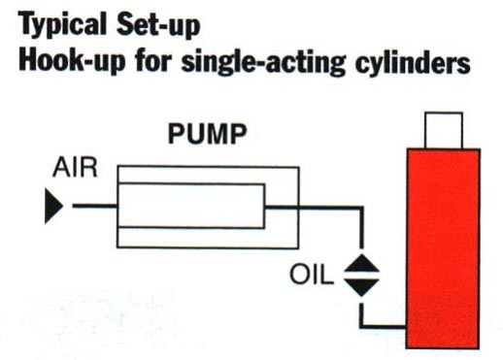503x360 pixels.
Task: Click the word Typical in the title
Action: (x=62, y=24)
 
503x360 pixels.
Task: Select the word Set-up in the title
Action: (x=158, y=23)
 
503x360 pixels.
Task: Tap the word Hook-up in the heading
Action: (x=72, y=61)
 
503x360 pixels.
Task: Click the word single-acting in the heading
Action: (x=263, y=62)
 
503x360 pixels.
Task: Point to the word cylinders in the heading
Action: (x=413, y=62)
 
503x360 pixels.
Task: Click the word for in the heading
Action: (x=152, y=60)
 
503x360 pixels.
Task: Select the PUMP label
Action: (x=208, y=134)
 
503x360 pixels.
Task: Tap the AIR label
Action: (x=75, y=167)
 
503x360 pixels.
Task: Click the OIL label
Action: (x=312, y=275)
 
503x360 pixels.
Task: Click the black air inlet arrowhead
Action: (x=53, y=206)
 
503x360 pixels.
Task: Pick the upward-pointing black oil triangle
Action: (x=361, y=263)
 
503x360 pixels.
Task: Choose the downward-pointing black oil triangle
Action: (x=361, y=287)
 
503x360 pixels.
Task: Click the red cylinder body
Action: (x=443, y=248)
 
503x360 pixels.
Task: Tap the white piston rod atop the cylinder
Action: (x=444, y=130)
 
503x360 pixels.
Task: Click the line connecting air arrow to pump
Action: (x=94, y=206)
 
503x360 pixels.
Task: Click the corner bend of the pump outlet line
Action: (x=361, y=208)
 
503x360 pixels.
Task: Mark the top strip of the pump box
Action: (x=208, y=175)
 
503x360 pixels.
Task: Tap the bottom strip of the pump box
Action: (x=208, y=238)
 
